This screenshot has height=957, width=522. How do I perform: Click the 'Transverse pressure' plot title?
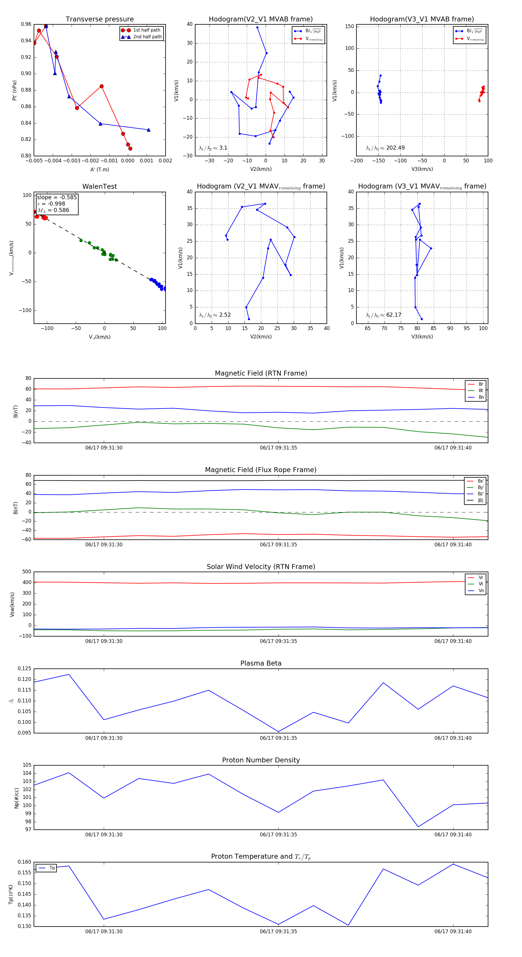pyautogui.click(x=99, y=19)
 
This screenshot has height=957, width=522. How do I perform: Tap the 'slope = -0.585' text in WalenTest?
pyautogui.click(x=57, y=197)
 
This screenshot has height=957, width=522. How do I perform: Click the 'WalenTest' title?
pyautogui.click(x=99, y=186)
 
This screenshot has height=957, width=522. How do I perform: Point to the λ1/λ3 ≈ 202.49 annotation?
pyautogui.click(x=385, y=148)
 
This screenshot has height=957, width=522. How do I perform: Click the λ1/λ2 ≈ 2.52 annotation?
pyautogui.click(x=215, y=315)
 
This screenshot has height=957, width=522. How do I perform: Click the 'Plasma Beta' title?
pyautogui.click(x=261, y=664)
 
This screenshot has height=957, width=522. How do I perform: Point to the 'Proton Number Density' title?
pyautogui.click(x=261, y=760)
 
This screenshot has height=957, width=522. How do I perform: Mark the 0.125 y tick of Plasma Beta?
pyautogui.click(x=25, y=669)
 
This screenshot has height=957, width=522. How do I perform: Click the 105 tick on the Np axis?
pyautogui.click(x=27, y=765)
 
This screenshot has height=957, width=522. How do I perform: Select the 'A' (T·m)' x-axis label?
pyautogui.click(x=99, y=169)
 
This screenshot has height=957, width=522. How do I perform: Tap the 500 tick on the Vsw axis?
pyautogui.click(x=26, y=572)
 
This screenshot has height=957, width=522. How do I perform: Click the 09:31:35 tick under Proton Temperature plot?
pyautogui.click(x=278, y=931)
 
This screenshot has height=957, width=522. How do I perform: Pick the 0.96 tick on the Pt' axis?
pyautogui.click(x=26, y=24)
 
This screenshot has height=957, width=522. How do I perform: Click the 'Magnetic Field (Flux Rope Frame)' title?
pyautogui.click(x=261, y=470)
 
